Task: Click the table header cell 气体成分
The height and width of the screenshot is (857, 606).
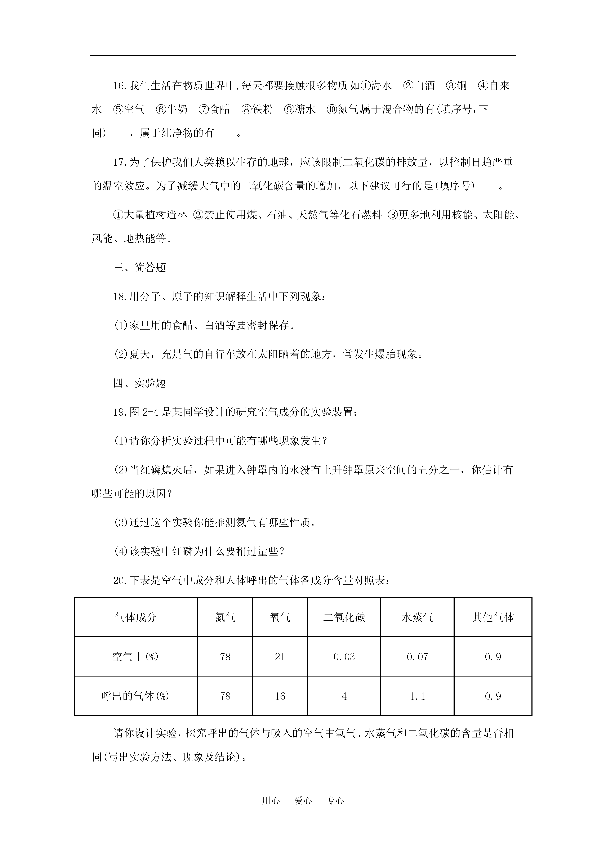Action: point(135,617)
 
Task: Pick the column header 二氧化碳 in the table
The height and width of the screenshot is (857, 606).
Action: point(344,617)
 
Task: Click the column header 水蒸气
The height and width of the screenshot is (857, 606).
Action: point(417,617)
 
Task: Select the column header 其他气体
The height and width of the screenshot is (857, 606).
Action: point(493,617)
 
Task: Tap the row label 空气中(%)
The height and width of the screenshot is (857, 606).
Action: point(135,657)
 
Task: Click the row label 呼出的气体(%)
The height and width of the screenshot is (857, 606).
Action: point(135,696)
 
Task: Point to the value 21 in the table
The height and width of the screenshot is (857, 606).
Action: point(280,657)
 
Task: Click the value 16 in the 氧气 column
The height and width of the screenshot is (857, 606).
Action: point(280,696)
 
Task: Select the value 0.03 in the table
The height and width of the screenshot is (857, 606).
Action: point(344,657)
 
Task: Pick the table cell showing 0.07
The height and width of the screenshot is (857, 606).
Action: point(417,657)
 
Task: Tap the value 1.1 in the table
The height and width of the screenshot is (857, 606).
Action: point(417,696)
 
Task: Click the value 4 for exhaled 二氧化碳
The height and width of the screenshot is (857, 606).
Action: point(344,696)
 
